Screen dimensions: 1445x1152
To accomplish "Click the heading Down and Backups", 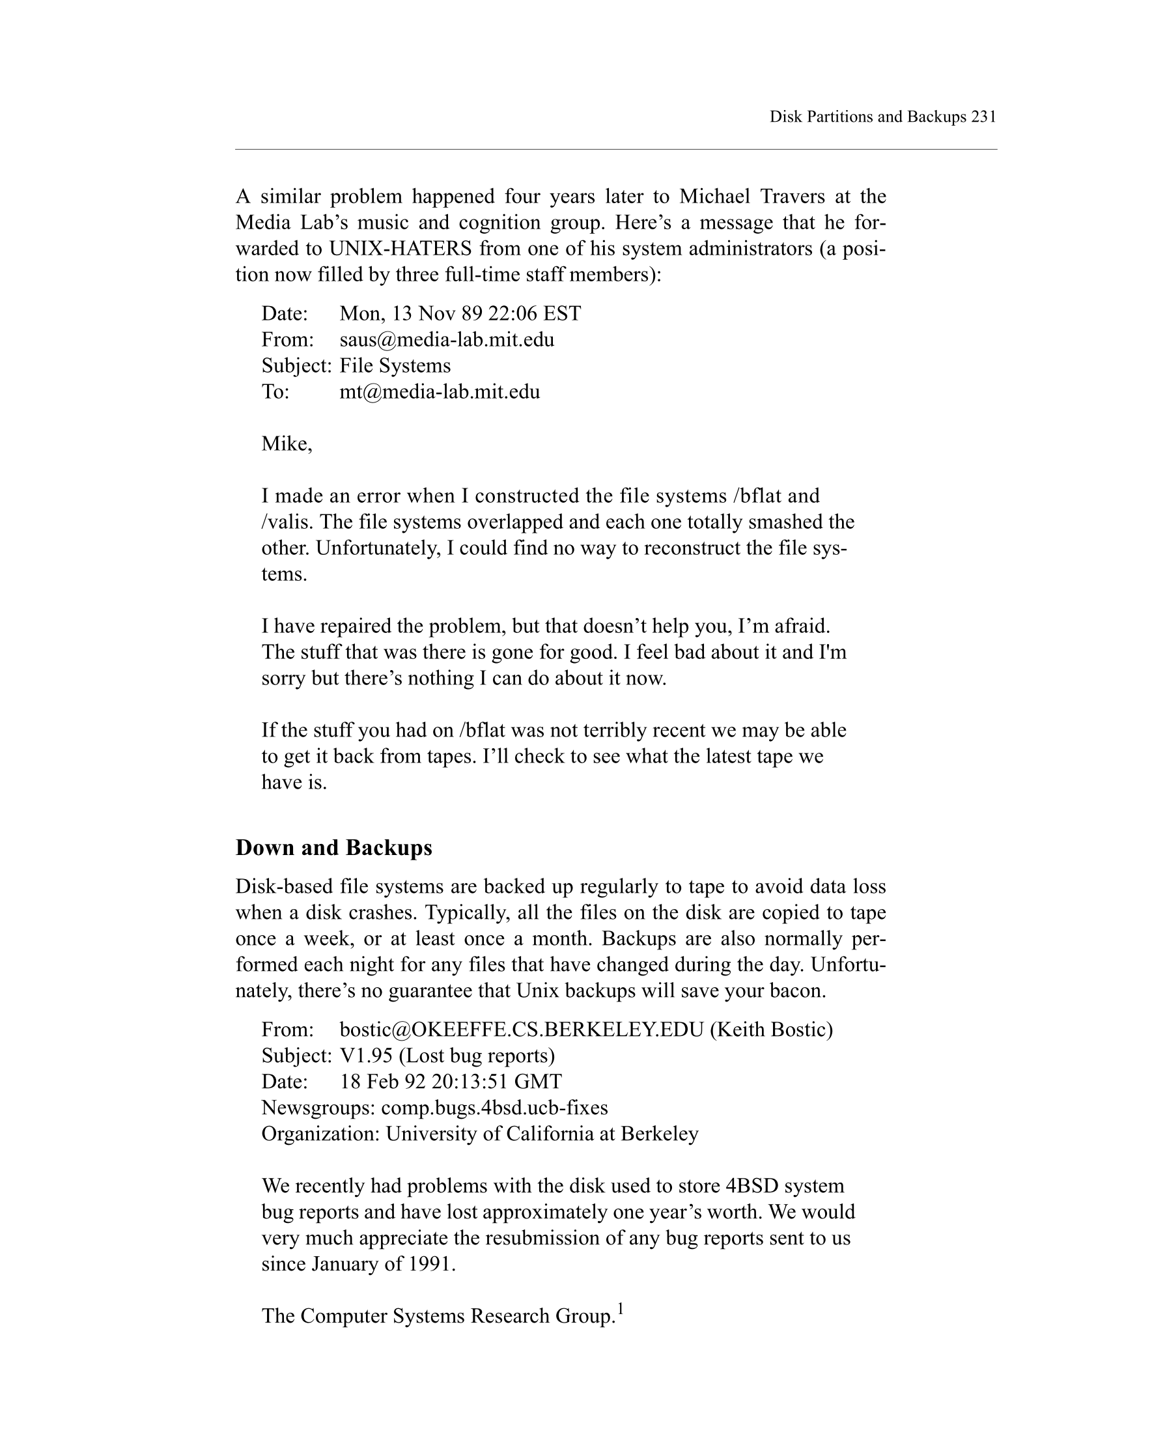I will click(x=333, y=848).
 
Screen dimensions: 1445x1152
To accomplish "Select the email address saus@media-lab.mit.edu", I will click(x=446, y=340).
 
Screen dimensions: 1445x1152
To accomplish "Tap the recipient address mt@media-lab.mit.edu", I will click(x=439, y=392).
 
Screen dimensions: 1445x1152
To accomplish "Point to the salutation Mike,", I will click(x=287, y=443).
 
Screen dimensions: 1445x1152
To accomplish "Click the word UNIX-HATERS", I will click(x=400, y=249).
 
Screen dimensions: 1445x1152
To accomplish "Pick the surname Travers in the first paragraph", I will click(x=792, y=197).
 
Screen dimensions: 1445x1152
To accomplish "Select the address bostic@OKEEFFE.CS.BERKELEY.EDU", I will click(x=522, y=1030).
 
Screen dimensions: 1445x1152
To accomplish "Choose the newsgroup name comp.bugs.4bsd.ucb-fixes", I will click(x=494, y=1108).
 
